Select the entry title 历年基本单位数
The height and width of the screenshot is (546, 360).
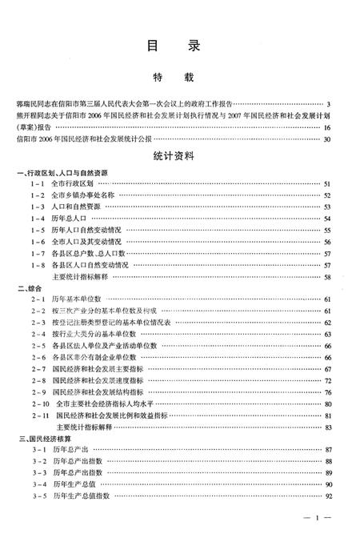click(78, 299)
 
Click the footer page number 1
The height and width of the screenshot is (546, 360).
click(318, 521)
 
